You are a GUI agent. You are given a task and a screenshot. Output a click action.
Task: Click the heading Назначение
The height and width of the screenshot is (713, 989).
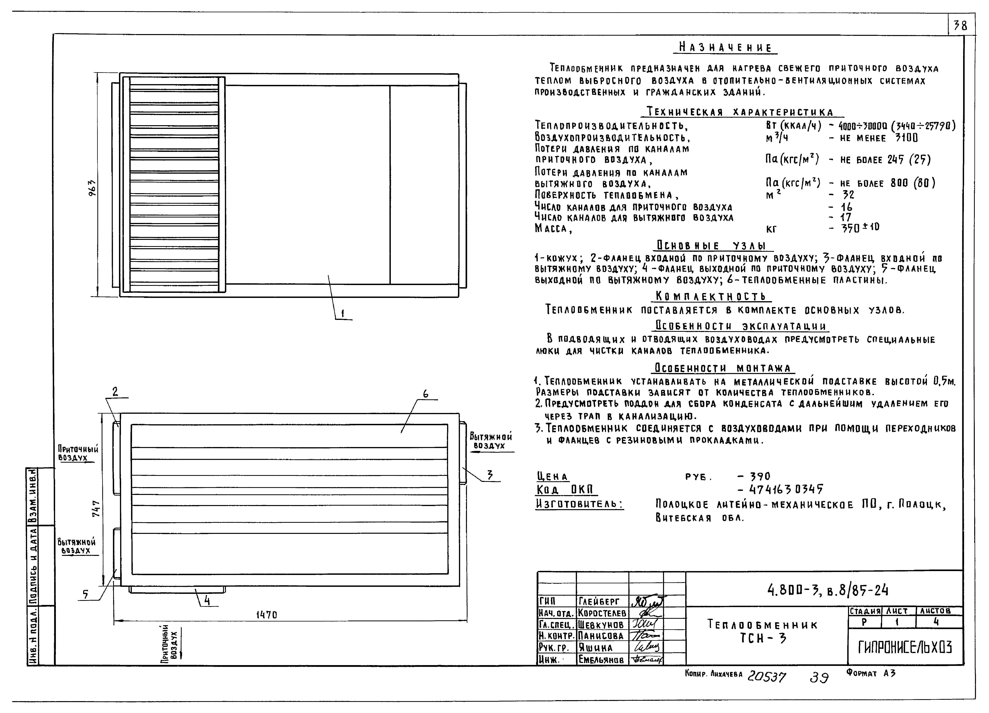click(x=725, y=48)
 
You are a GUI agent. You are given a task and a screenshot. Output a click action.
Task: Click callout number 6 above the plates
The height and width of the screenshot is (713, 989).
click(x=425, y=394)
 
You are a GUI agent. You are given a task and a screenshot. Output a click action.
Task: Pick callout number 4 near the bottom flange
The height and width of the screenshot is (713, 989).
click(x=207, y=601)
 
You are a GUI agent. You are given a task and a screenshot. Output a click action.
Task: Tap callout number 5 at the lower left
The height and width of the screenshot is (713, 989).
click(x=85, y=594)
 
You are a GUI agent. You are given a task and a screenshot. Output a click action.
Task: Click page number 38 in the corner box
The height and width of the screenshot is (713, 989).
click(x=960, y=26)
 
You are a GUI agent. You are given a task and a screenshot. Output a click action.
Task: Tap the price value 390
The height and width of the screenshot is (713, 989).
click(x=760, y=476)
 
